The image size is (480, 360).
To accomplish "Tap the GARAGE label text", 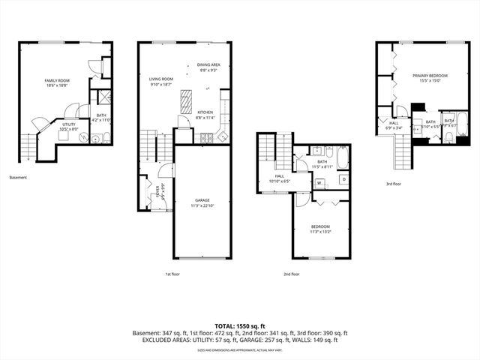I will pos(202,199).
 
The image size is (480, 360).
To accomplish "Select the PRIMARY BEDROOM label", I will pos(430,76).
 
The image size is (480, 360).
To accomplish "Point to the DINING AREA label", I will pos(208,65).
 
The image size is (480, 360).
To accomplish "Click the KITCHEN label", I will pos(205,112).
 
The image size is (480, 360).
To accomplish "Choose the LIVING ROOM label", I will pos(160,79).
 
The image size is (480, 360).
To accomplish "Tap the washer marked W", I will pos(319,182).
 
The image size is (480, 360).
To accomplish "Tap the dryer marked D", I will pos(343,179).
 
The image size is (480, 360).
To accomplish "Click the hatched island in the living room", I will pos(187,100).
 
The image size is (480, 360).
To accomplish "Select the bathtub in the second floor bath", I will pos(343,157).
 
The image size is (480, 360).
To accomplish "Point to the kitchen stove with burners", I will pos(207,137).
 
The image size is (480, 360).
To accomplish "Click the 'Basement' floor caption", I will pos(18,178).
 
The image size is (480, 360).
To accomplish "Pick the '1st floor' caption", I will pos(173,274).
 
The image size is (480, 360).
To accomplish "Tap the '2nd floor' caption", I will pos(291,274).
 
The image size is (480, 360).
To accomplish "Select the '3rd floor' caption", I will pos(394,184).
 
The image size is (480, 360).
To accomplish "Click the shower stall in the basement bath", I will pos(105,96).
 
